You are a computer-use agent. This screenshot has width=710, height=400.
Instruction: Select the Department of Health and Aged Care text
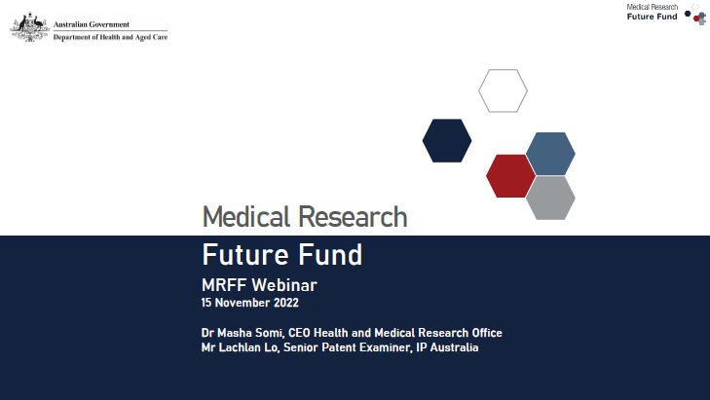(x=110, y=37)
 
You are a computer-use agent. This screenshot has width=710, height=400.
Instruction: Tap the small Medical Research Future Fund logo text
(x=653, y=13)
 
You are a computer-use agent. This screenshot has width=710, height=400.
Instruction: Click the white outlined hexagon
(x=503, y=91)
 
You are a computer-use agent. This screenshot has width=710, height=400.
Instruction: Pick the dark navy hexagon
(x=447, y=140)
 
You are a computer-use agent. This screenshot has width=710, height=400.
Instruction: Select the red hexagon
(x=510, y=175)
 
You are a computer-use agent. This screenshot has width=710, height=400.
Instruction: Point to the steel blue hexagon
(x=550, y=154)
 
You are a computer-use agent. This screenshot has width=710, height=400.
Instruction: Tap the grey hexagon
(x=550, y=198)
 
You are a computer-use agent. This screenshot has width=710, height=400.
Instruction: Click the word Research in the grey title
(x=354, y=216)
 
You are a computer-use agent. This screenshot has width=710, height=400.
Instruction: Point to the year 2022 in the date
(x=282, y=303)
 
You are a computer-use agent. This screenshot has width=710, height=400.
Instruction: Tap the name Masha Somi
(x=246, y=333)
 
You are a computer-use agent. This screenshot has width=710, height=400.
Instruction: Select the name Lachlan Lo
(x=249, y=347)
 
